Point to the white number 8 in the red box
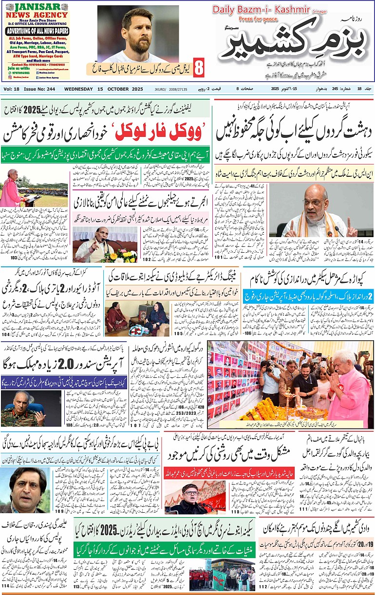(199, 68)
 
